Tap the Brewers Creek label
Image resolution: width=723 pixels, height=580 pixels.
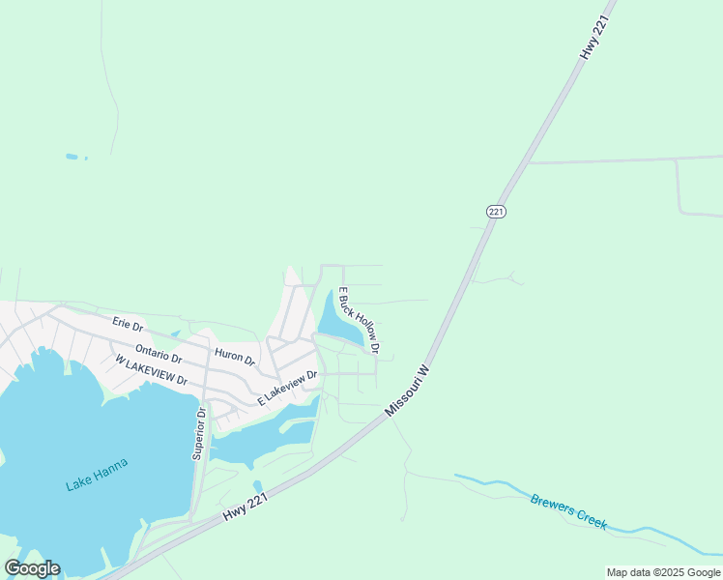point(568,510)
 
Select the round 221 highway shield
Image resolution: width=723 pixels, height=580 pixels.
point(496,211)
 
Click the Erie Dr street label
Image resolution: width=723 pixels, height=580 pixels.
point(128,325)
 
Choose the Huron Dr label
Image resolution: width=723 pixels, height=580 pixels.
point(235,357)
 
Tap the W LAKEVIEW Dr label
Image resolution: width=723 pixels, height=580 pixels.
point(150,370)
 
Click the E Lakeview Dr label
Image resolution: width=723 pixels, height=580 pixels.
point(287,387)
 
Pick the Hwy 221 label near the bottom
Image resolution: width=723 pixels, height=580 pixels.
point(245,504)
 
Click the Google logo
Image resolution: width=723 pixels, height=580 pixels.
point(32,568)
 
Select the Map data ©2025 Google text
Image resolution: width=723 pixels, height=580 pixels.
point(663,572)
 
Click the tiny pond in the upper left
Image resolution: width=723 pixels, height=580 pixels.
point(71,156)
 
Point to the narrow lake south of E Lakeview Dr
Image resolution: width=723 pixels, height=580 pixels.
point(261,441)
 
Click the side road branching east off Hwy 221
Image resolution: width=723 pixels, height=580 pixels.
point(619,159)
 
